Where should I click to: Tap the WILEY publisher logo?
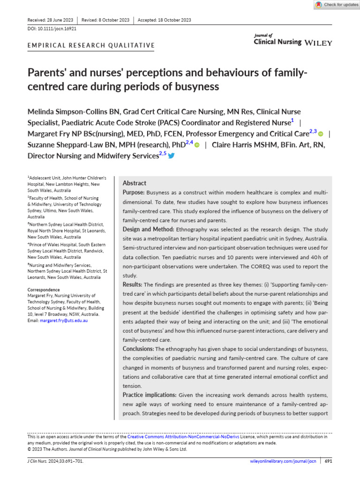click(x=319, y=43)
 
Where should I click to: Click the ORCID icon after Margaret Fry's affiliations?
click(x=321, y=134)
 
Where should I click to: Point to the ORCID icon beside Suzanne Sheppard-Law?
click(x=197, y=145)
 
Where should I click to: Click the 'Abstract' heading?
click(x=135, y=183)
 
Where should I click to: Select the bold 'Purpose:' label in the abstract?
click(x=134, y=193)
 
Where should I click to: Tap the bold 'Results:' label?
click(x=133, y=284)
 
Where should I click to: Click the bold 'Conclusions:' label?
click(x=138, y=349)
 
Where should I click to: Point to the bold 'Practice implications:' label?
click(x=150, y=395)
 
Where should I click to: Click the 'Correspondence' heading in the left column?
click(x=44, y=290)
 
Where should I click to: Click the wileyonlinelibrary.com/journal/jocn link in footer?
click(x=283, y=461)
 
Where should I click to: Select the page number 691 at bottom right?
click(x=328, y=461)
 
